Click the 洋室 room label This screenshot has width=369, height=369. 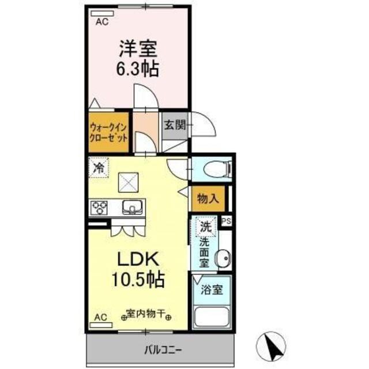click(x=138, y=47)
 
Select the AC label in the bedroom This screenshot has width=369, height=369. click(x=101, y=22)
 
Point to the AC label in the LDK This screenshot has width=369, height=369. click(x=100, y=317)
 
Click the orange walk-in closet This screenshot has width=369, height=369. click(x=108, y=133)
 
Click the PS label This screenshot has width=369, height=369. click(x=226, y=220)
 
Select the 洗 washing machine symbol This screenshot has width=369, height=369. click(x=205, y=227)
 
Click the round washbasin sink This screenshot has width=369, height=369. click(x=221, y=258)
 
